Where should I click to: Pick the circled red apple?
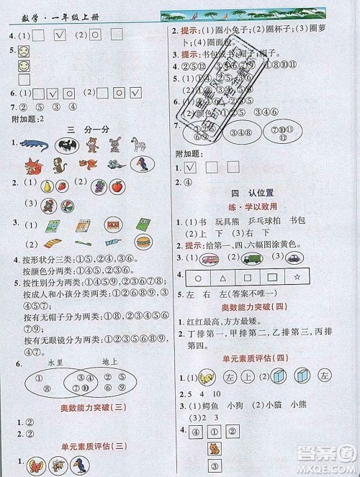click(117, 186)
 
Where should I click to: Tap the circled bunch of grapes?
click(99, 186)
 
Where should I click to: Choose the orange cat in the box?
click(214, 449)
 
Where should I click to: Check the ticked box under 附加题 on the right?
click(190, 168)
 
